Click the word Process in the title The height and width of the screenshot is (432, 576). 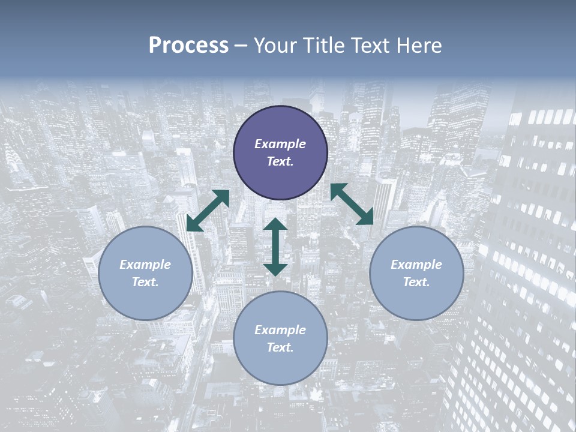pyautogui.click(x=188, y=46)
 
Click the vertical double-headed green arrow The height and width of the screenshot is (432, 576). pyautogui.click(x=275, y=247)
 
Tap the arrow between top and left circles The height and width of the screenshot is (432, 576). pyautogui.click(x=208, y=211)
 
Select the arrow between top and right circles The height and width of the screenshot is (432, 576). pyautogui.click(x=352, y=204)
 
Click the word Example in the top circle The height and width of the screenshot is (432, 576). pyautogui.click(x=280, y=144)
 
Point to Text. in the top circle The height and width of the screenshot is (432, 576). pyautogui.click(x=280, y=161)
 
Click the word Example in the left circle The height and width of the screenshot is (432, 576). pyautogui.click(x=145, y=265)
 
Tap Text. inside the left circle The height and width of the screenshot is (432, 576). pyautogui.click(x=145, y=282)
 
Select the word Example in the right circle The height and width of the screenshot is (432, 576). pyautogui.click(x=416, y=265)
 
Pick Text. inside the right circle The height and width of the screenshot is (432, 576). pyautogui.click(x=416, y=282)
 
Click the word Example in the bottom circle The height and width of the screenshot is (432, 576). pyautogui.click(x=280, y=330)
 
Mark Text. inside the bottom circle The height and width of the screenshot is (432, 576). pyautogui.click(x=280, y=347)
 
